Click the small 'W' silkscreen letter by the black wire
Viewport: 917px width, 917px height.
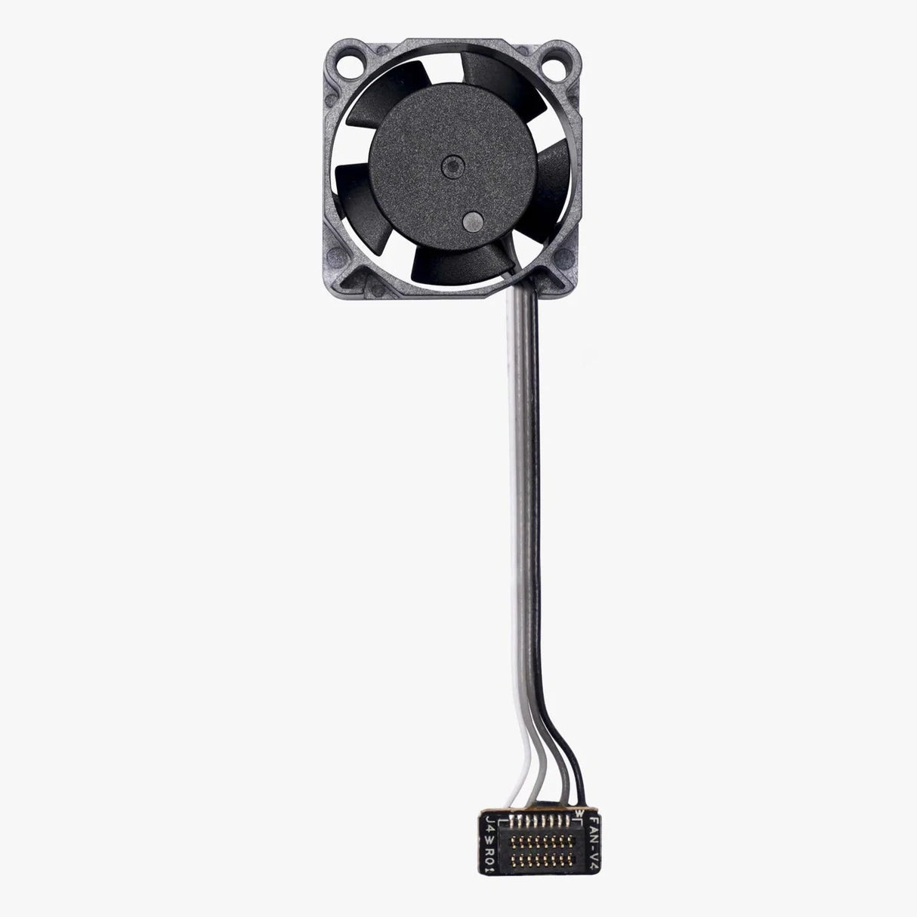point(578,792)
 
